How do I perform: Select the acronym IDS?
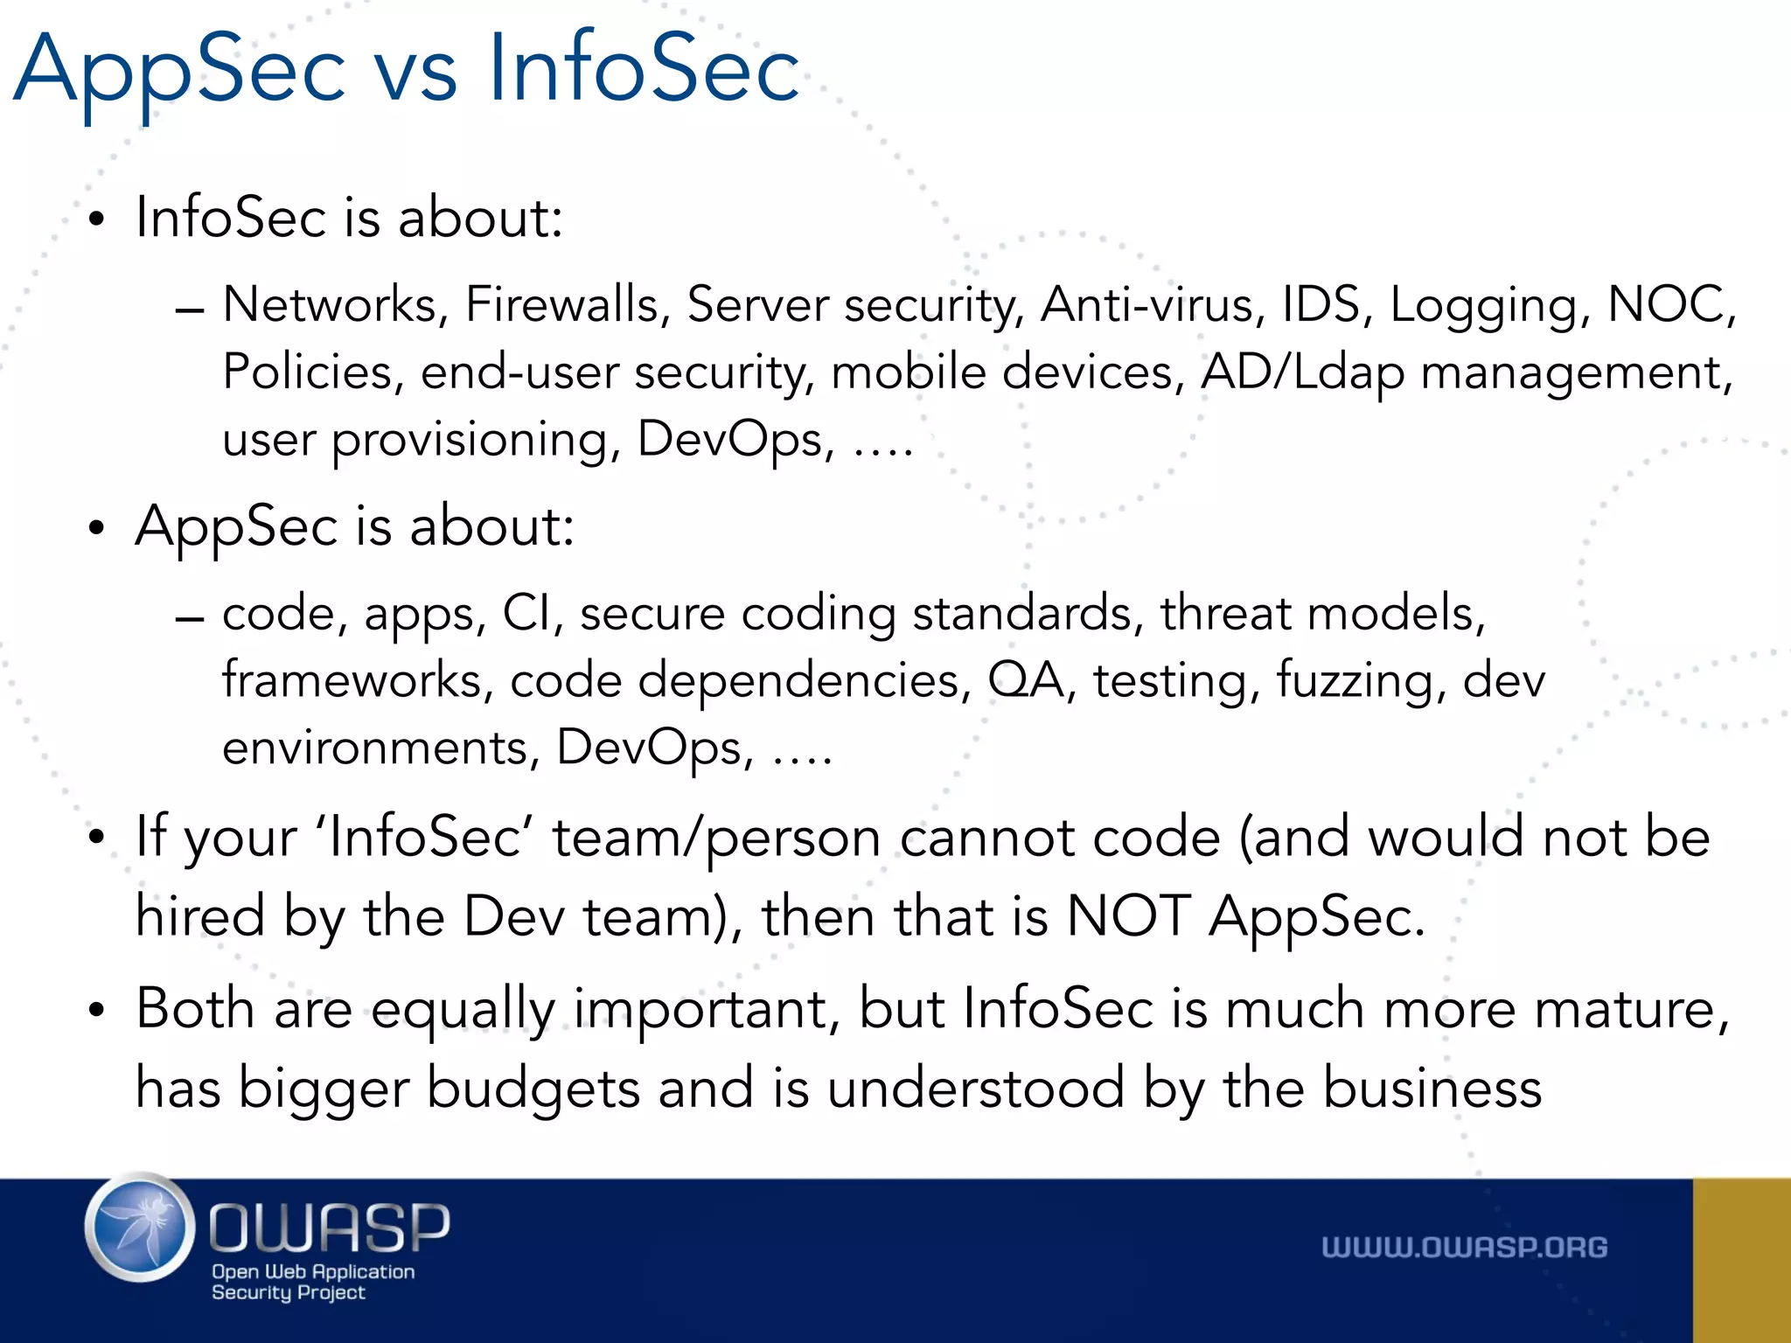coord(1321,305)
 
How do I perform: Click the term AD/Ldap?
coord(1302,372)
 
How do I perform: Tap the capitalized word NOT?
coord(1128,917)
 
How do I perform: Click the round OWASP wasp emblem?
coord(140,1227)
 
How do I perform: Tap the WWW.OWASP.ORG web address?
coord(1464,1248)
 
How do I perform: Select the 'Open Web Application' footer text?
coord(313,1272)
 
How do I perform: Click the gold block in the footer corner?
coord(1741,1260)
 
